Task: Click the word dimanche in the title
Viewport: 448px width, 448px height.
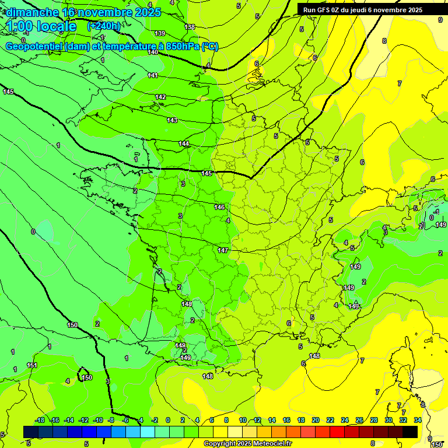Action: pos(33,12)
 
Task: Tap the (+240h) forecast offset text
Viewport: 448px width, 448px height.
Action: pos(104,26)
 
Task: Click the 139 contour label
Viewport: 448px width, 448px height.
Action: pos(160,33)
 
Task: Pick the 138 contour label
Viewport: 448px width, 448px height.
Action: pos(190,27)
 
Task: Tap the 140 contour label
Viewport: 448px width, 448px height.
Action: pos(153,52)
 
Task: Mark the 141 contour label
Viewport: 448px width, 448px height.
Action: pos(153,75)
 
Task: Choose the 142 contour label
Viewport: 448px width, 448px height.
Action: pos(160,97)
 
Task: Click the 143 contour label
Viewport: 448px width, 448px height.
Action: pos(172,120)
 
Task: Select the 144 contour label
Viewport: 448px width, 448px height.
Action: pos(184,143)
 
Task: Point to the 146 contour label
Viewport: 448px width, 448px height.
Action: pos(219,207)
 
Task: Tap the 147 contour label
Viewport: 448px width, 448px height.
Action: pos(223,250)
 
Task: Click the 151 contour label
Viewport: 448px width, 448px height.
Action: pos(32,365)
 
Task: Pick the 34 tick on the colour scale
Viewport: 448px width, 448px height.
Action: pos(418,420)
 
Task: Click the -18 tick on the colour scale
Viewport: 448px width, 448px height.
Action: pos(40,420)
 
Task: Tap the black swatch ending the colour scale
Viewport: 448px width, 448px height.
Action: pos(410,432)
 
